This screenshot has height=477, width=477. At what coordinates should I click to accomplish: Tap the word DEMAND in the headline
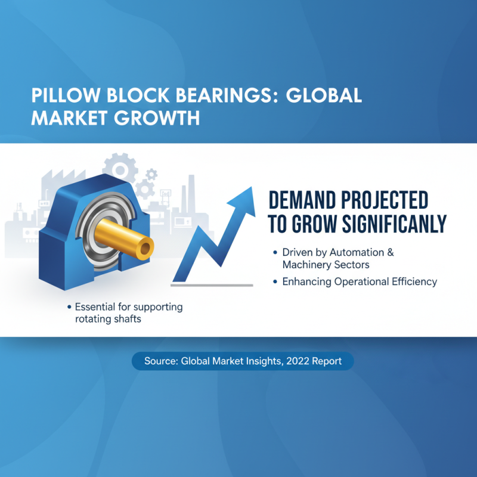(306, 201)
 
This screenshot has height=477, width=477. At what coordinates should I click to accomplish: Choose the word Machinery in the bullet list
(308, 264)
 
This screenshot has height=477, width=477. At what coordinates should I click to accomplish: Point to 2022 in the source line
(302, 361)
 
